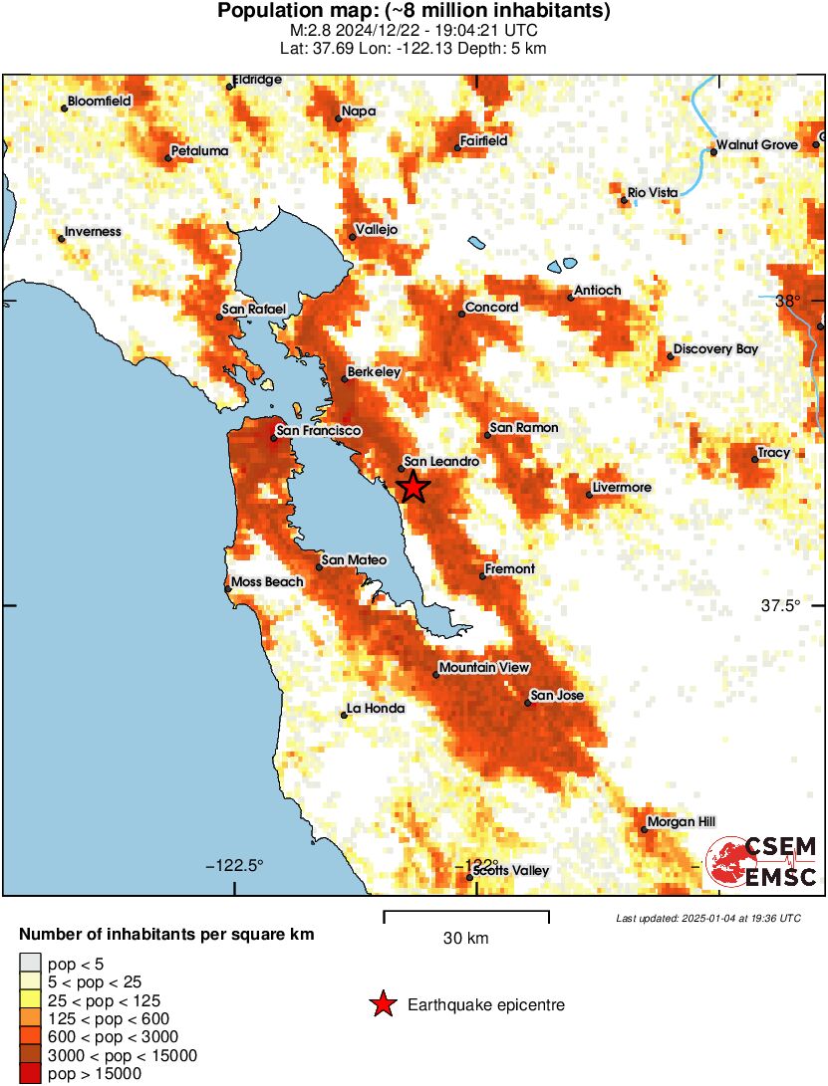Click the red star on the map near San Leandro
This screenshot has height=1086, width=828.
413,487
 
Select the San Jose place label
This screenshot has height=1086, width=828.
557,696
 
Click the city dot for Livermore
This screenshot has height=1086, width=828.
589,495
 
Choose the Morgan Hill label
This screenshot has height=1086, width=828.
681,822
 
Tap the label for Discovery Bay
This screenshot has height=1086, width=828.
715,349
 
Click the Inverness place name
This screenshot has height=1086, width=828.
93,232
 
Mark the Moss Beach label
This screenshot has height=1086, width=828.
267,582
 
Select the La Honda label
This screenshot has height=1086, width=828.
376,709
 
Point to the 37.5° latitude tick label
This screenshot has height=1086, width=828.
780,605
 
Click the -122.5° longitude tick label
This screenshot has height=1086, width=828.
235,864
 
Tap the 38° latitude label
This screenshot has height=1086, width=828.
787,301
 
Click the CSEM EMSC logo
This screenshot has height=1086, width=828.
762,862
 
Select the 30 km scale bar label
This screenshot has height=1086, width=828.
465,939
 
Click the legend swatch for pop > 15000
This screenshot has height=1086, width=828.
30,1073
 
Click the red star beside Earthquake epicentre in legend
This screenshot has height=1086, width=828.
382,1005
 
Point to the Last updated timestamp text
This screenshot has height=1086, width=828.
707,918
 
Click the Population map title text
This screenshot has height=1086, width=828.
414,11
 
